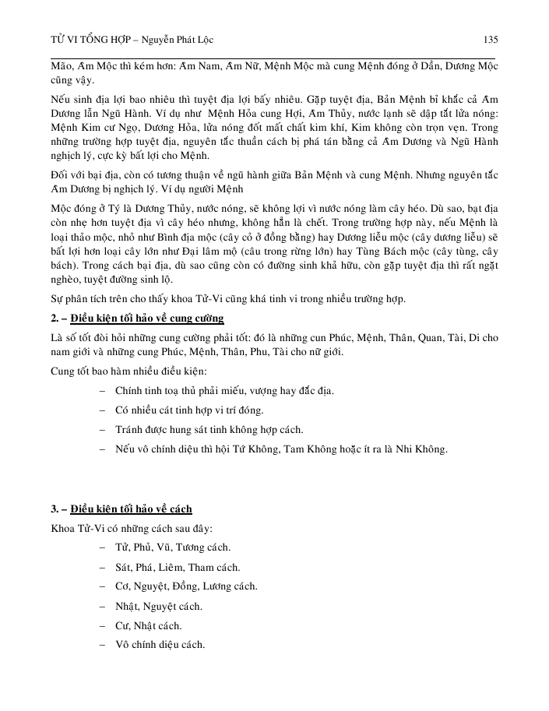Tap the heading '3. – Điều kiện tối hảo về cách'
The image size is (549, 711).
[x=121, y=509]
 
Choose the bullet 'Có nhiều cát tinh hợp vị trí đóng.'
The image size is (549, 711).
[x=188, y=410]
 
